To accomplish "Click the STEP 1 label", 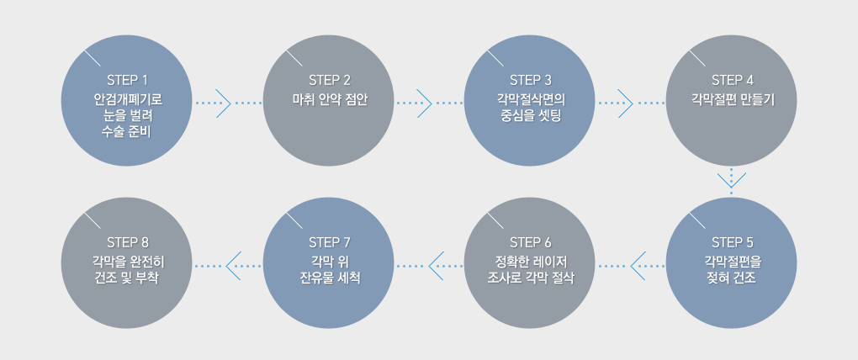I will coord(127,81).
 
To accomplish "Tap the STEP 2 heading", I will coord(329,81).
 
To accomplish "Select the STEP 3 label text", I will coord(531,81).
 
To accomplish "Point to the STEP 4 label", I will coord(732,81).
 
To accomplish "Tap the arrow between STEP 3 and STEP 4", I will coord(625,103).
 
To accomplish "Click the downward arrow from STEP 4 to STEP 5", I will coord(732,179).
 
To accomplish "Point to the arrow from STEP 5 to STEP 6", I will coord(638,264).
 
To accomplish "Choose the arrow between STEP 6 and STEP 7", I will coord(436,264).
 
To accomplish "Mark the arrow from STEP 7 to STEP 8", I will coord(234,264).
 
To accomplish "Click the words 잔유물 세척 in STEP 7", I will coord(329,278).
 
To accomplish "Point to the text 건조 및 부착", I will coord(127,278).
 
